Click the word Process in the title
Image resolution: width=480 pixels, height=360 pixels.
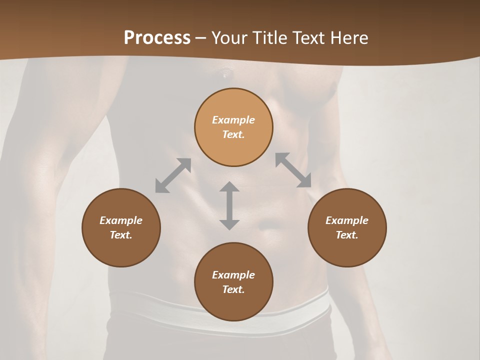(x=157, y=38)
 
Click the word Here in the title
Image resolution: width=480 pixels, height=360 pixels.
(x=349, y=38)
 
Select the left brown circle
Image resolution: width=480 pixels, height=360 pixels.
(x=121, y=227)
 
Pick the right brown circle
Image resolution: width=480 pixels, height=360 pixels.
(x=347, y=227)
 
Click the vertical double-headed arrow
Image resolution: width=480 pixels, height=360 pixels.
(x=229, y=205)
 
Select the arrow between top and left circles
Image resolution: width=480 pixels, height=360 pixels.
(x=173, y=175)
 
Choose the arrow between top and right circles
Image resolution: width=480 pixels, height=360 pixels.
(x=293, y=170)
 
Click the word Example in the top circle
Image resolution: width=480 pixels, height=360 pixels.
(x=233, y=120)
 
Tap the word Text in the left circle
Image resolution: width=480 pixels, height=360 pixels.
(x=121, y=235)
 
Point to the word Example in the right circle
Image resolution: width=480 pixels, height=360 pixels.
(x=347, y=220)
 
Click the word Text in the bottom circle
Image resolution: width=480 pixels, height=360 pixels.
(x=233, y=289)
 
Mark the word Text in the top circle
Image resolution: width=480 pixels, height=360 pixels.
(x=233, y=134)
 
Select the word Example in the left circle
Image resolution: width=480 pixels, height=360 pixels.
(x=121, y=220)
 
